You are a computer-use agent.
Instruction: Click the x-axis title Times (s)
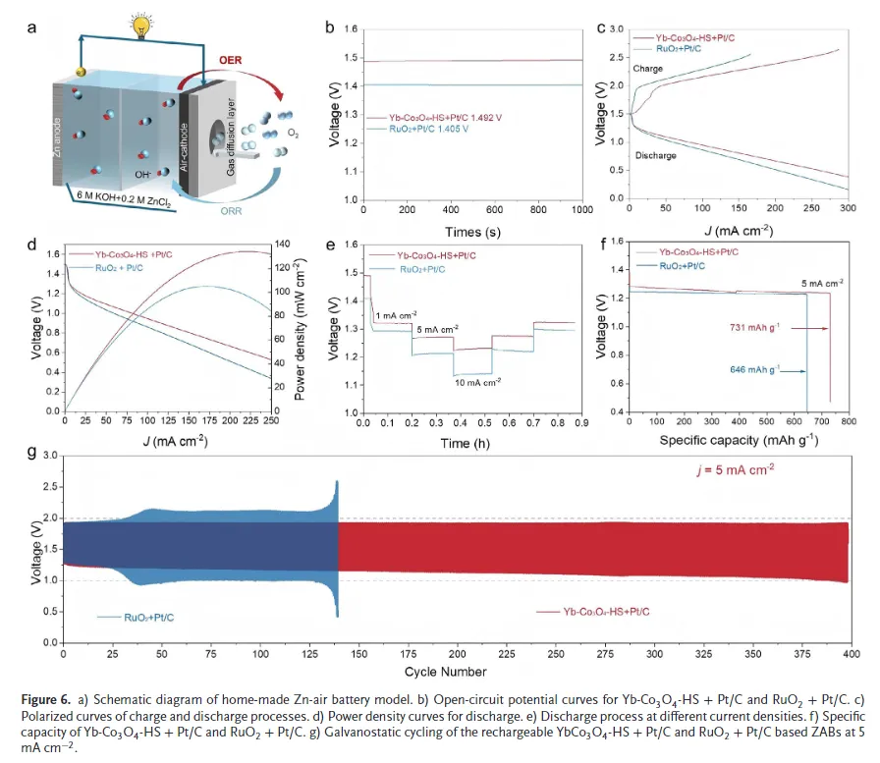(472, 232)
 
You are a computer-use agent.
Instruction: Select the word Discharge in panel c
(656, 155)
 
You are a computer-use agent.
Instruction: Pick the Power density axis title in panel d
(294, 324)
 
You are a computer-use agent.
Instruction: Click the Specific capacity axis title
(725, 441)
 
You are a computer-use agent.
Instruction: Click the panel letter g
(33, 453)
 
